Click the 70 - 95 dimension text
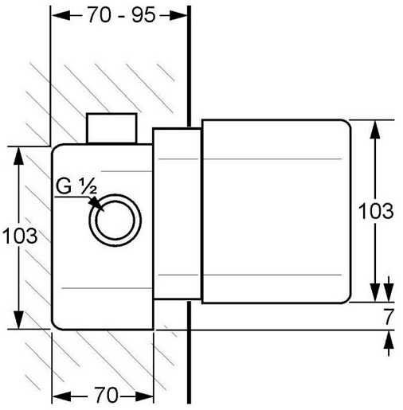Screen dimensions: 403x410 (x=121, y=15)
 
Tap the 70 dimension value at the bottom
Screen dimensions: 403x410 (x=106, y=395)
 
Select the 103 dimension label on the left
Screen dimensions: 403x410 (x=20, y=236)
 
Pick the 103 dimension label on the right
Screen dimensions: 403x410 (x=376, y=211)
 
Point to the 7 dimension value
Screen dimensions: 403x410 (x=389, y=317)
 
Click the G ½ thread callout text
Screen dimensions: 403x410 (x=76, y=186)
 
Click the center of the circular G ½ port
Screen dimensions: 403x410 (x=115, y=221)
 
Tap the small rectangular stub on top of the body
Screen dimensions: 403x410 (x=112, y=128)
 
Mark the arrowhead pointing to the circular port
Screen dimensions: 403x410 (x=96, y=204)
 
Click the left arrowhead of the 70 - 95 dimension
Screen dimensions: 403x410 (x=61, y=16)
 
